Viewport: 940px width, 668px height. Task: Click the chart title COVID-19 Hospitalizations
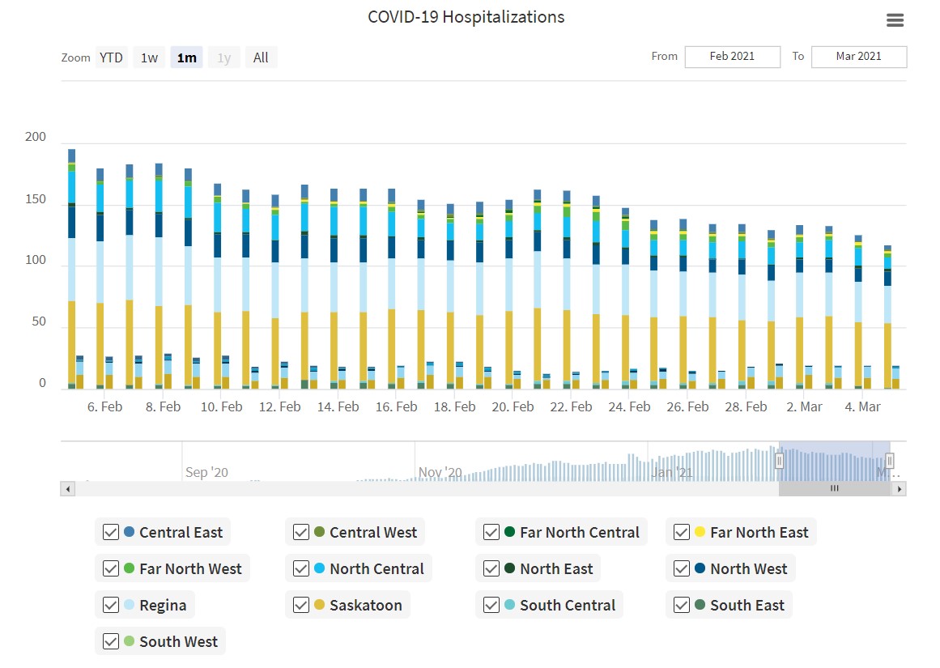pos(466,17)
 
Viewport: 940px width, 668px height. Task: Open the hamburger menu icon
pos(895,21)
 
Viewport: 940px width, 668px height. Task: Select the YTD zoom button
pos(111,57)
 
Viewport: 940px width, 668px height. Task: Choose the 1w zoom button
pos(149,57)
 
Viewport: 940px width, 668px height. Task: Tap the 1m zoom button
pos(186,57)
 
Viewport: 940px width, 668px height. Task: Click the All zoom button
pos(261,57)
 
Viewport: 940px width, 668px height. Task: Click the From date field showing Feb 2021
pos(732,57)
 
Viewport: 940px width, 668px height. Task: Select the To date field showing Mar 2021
pos(858,57)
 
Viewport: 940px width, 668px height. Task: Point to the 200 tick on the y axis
pos(36,137)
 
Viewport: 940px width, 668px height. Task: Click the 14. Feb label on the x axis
pos(338,406)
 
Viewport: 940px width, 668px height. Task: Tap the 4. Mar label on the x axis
pos(862,406)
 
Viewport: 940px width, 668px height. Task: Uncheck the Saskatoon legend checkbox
pos(301,605)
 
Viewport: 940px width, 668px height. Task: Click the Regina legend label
pos(163,605)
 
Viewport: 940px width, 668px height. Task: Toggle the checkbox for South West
pos(111,641)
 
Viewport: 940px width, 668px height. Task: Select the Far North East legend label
pos(759,532)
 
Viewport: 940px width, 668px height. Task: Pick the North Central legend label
pos(376,568)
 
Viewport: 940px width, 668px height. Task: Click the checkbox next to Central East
pos(111,532)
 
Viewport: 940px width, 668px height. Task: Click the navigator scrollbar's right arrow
pos(898,489)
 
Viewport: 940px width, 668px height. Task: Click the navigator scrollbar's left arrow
pos(68,489)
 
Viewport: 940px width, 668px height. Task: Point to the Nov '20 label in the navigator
pos(440,472)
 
